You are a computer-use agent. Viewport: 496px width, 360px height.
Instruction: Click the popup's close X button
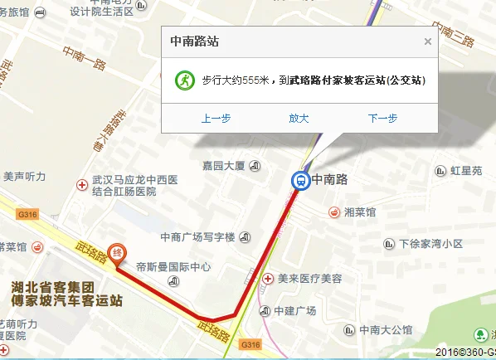[428, 41]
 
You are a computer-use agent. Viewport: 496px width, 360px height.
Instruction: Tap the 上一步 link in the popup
[216, 119]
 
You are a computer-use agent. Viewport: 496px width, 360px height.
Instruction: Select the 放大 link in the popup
[299, 119]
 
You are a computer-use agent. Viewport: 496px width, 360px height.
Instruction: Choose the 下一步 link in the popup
[382, 119]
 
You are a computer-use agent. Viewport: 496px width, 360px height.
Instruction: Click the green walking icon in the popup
[182, 80]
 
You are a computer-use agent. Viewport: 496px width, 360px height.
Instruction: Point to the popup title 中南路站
[195, 41]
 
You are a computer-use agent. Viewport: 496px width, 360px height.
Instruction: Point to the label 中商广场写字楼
[198, 236]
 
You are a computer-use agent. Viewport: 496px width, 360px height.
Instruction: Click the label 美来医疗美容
[304, 278]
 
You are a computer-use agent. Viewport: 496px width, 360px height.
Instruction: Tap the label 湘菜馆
[359, 212]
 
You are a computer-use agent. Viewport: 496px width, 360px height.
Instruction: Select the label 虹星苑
[465, 171]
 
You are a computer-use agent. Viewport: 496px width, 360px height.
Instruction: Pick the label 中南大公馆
[386, 329]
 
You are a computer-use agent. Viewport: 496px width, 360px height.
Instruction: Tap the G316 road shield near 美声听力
[27, 214]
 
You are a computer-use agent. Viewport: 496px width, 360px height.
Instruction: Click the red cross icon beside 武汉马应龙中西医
[81, 184]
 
